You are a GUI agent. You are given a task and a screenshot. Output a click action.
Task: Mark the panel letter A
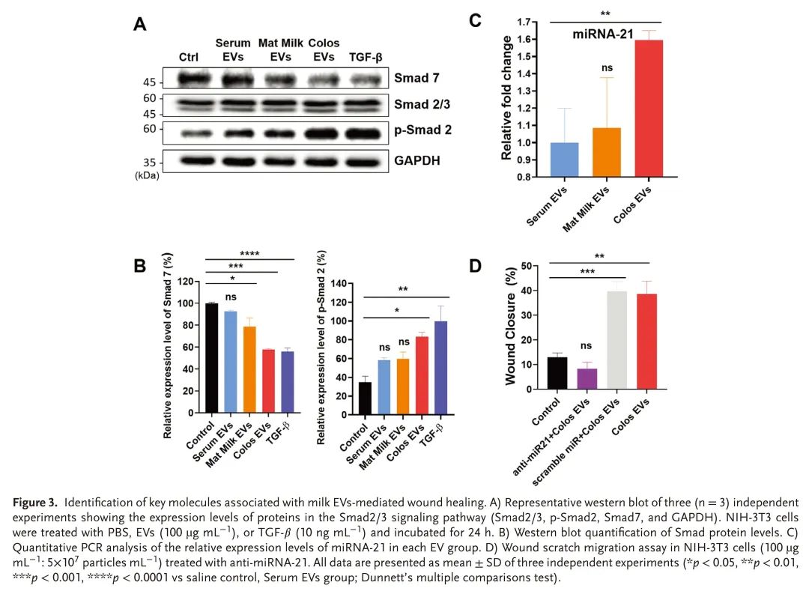click(140, 25)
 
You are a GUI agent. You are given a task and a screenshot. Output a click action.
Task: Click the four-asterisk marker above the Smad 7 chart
click(249, 254)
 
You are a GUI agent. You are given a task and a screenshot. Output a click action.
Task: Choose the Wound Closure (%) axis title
click(512, 327)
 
